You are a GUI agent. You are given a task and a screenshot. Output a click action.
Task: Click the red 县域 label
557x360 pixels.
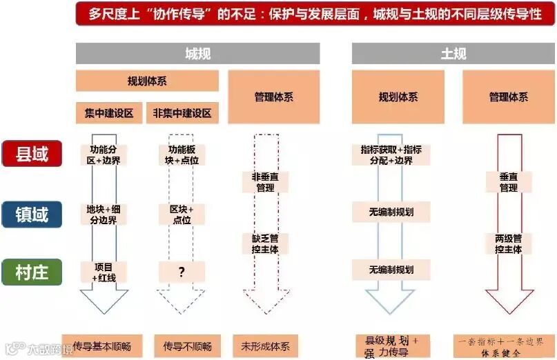[32, 154]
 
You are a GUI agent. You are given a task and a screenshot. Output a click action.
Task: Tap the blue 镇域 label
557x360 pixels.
[32, 214]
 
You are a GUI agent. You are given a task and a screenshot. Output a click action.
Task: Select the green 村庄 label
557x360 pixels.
[32, 272]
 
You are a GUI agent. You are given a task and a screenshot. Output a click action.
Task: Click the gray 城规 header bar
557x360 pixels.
[197, 53]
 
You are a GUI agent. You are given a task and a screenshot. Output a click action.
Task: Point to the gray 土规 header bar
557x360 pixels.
[453, 53]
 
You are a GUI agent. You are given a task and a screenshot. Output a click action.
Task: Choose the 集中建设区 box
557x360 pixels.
[109, 113]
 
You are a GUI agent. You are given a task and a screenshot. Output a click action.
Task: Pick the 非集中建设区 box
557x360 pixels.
[182, 113]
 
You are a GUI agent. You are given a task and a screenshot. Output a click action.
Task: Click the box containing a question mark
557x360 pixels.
[182, 272]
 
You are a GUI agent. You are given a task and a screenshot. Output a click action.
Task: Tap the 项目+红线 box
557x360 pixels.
[104, 272]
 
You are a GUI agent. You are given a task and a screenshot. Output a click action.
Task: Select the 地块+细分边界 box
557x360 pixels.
[104, 214]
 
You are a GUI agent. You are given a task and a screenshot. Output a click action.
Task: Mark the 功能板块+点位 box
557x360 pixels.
[182, 154]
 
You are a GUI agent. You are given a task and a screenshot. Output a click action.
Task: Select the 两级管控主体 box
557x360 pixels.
[509, 243]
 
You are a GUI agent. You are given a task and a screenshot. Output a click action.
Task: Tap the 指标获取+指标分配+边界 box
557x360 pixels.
[391, 154]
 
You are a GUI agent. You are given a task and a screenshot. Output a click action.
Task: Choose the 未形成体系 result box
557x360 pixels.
[265, 345]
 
